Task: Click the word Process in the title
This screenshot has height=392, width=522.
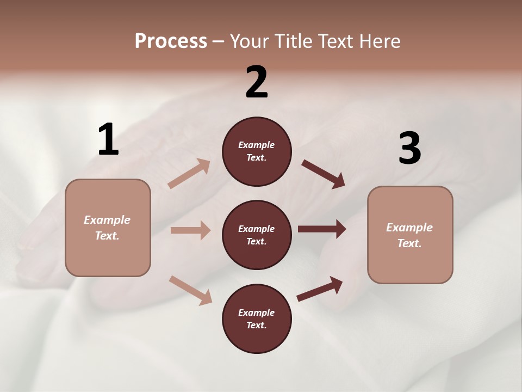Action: tap(171, 41)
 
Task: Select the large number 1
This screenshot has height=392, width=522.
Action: tap(108, 140)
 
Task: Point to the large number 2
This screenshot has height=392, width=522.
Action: tap(257, 82)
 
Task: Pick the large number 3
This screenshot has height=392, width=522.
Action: tap(409, 148)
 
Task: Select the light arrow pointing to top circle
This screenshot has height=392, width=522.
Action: tap(189, 174)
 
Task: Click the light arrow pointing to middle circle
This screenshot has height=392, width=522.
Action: tap(190, 230)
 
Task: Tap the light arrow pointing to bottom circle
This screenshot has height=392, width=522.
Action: tap(190, 290)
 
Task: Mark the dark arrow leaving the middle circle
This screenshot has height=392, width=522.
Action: tap(322, 229)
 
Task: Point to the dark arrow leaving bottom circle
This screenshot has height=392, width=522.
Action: tap(320, 289)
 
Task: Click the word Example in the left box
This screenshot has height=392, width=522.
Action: tap(107, 220)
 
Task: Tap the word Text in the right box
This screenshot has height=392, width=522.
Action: tap(409, 243)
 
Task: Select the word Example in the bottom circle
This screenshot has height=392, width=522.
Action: tap(257, 313)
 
